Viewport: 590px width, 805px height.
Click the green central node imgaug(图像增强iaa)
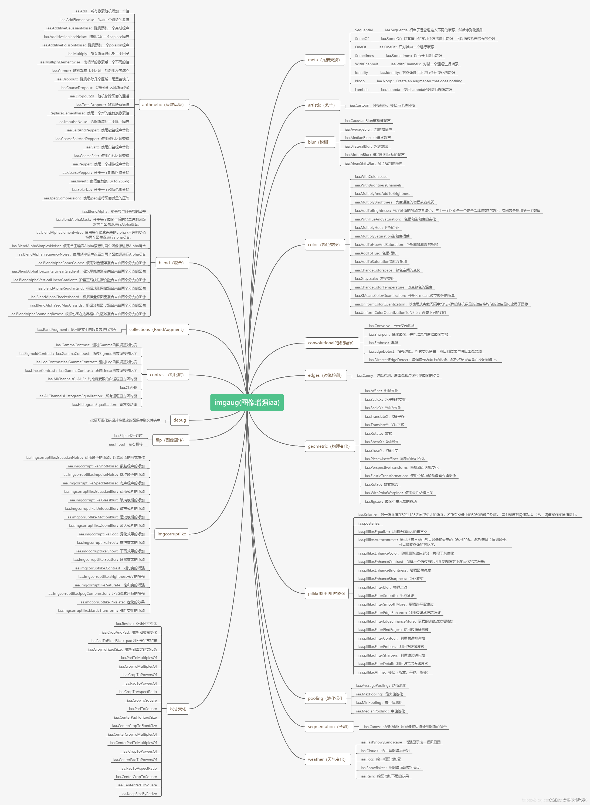(247, 403)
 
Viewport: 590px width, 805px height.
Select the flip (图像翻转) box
(170, 440)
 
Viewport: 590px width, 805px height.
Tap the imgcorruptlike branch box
(172, 534)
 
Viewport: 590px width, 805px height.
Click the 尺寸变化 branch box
(178, 709)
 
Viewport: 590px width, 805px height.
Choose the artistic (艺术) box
(322, 105)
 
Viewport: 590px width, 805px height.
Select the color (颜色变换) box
(324, 245)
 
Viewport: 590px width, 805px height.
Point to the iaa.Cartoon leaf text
(382, 105)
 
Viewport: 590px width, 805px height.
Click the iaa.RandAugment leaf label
(77, 330)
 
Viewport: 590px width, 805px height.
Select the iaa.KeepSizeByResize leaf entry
(139, 794)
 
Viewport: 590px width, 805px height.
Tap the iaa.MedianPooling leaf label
(380, 711)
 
